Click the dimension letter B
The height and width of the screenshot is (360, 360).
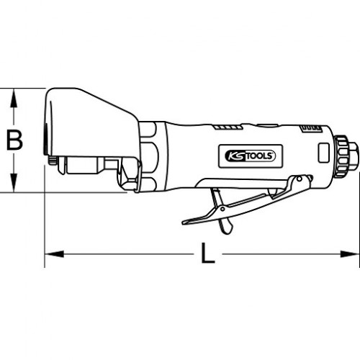[14, 140]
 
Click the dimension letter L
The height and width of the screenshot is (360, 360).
[207, 253]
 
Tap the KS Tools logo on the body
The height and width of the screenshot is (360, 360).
[250, 156]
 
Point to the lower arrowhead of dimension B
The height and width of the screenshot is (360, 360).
[14, 183]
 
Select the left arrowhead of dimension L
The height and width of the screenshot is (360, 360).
[55, 253]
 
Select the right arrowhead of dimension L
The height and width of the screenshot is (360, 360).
[350, 253]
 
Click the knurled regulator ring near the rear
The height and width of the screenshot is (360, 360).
[341, 156]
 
